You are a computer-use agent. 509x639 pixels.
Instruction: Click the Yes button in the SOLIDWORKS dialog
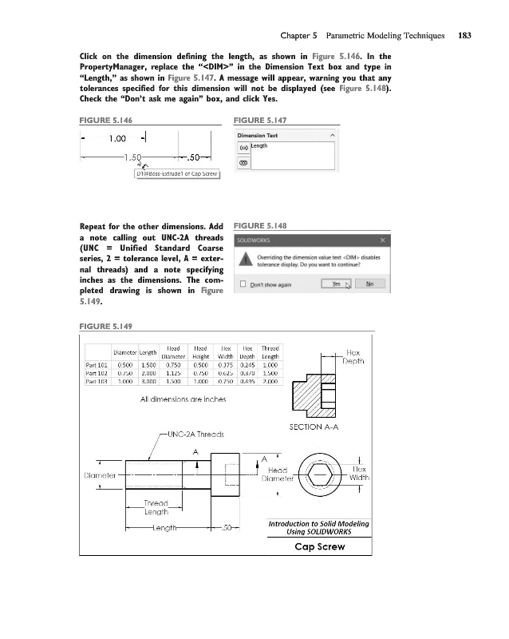[x=335, y=284]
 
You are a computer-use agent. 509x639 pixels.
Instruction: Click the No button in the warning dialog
[x=369, y=284]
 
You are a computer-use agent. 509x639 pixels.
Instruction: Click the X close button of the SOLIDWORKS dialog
[x=382, y=240]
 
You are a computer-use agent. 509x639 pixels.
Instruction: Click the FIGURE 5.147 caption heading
[x=259, y=120]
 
